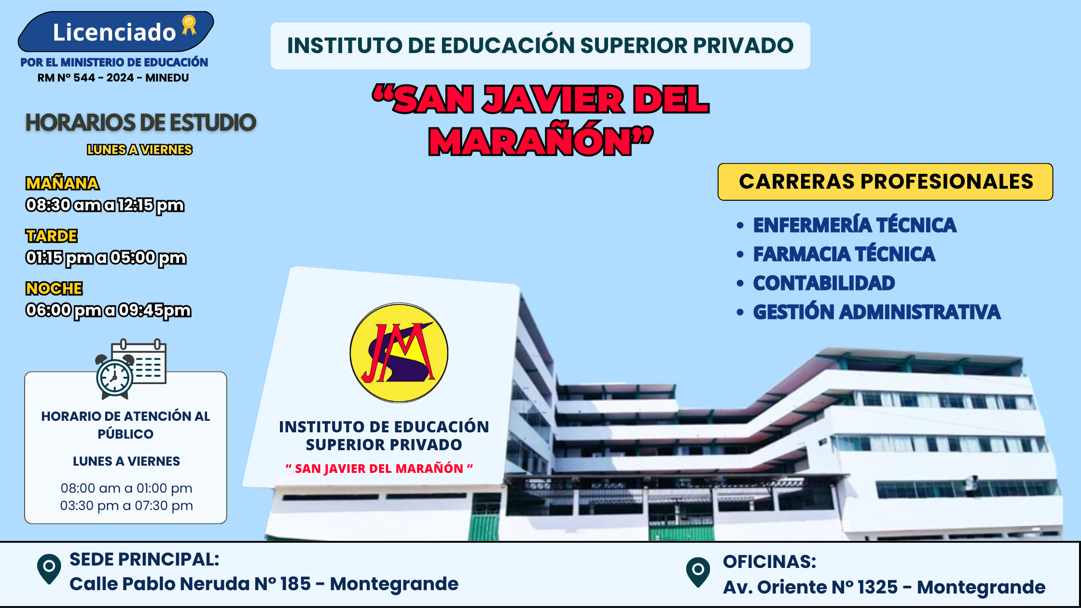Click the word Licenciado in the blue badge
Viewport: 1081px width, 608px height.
[x=114, y=32]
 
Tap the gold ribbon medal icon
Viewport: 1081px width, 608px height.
[x=189, y=25]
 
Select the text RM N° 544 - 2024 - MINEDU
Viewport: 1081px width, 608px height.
[x=113, y=78]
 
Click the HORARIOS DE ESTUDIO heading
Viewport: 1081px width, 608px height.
[x=140, y=123]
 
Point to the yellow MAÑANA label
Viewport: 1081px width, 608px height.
[x=62, y=183]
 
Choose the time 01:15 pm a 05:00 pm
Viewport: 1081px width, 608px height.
[x=106, y=258]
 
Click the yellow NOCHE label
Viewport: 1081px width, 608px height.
[x=54, y=289]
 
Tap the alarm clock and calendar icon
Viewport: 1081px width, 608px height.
[x=131, y=369]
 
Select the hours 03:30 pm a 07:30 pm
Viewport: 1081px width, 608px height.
[x=126, y=506]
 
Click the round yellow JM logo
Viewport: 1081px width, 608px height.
[x=399, y=353]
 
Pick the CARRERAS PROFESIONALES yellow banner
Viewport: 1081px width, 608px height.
[x=886, y=182]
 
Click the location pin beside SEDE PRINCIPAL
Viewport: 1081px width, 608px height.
[x=49, y=569]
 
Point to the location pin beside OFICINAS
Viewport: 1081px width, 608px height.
[x=698, y=572]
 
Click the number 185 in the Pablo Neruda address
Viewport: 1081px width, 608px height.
[x=295, y=584]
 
